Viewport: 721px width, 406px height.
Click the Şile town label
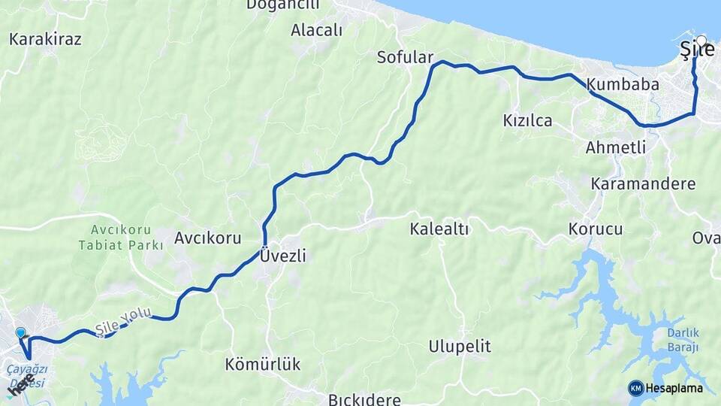(695, 50)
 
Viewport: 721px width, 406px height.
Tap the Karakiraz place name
(46, 38)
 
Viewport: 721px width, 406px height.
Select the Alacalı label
(316, 30)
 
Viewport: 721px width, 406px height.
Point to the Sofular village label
(406, 58)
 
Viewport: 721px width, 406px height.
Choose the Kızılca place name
(527, 120)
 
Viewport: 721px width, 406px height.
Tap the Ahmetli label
(616, 147)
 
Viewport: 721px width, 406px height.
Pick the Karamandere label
(643, 183)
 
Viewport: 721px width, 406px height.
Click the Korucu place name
(596, 229)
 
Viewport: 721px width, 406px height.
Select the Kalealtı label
(439, 229)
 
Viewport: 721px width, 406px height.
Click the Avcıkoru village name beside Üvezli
(207, 238)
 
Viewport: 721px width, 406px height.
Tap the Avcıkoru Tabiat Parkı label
(120, 237)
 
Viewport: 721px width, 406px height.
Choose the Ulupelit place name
(460, 347)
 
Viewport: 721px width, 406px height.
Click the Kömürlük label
(262, 365)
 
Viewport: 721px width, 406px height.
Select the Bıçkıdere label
(364, 399)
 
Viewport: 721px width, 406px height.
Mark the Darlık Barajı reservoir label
(683, 341)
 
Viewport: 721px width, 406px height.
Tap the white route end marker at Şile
(701, 41)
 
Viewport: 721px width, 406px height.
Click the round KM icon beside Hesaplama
(635, 388)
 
